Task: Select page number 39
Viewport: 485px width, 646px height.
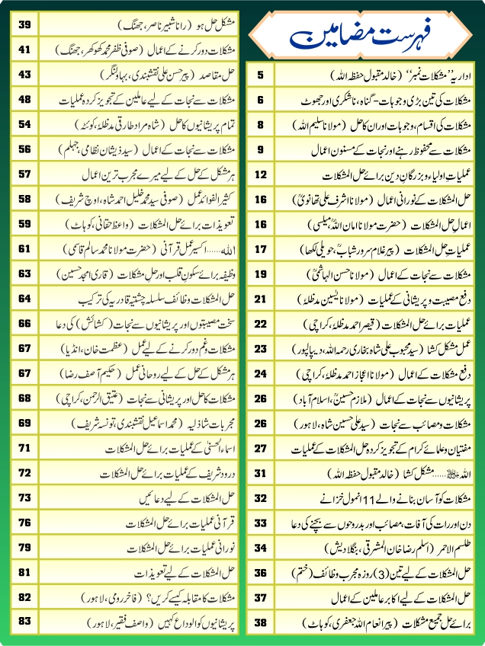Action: (x=25, y=25)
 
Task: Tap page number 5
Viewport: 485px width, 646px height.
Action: (x=261, y=75)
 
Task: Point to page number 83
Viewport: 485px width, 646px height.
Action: (x=25, y=621)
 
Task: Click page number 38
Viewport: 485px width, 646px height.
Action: (x=261, y=621)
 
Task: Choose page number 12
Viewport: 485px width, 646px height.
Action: (x=261, y=174)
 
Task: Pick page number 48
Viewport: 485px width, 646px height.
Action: (x=25, y=99)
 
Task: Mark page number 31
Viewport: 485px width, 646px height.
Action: (x=261, y=472)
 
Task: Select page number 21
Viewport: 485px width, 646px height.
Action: (x=261, y=299)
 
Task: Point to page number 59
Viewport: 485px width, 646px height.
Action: (x=25, y=224)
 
